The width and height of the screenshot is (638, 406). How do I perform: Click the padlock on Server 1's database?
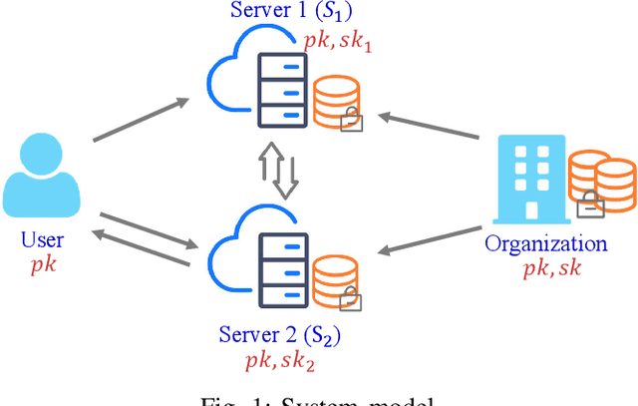point(351,121)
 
